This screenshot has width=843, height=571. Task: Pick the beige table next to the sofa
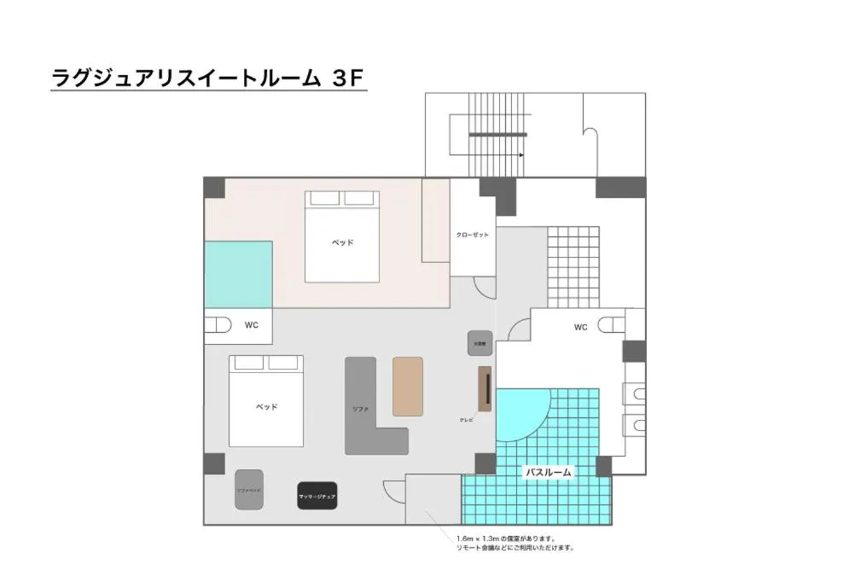point(407,386)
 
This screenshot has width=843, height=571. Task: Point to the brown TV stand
point(485,388)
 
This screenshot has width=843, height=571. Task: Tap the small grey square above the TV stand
point(480,343)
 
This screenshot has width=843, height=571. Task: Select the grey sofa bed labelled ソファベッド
point(249,490)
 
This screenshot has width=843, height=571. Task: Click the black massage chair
point(317,495)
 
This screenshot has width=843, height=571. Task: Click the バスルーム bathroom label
point(548,471)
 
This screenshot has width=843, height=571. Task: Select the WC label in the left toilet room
point(252,325)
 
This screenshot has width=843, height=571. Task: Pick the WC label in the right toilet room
point(580,326)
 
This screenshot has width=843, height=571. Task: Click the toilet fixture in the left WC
point(221,325)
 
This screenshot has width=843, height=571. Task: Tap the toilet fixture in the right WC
point(612,324)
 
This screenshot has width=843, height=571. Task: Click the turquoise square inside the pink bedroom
point(238,274)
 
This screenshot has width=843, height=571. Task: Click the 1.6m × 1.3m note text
point(505,539)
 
